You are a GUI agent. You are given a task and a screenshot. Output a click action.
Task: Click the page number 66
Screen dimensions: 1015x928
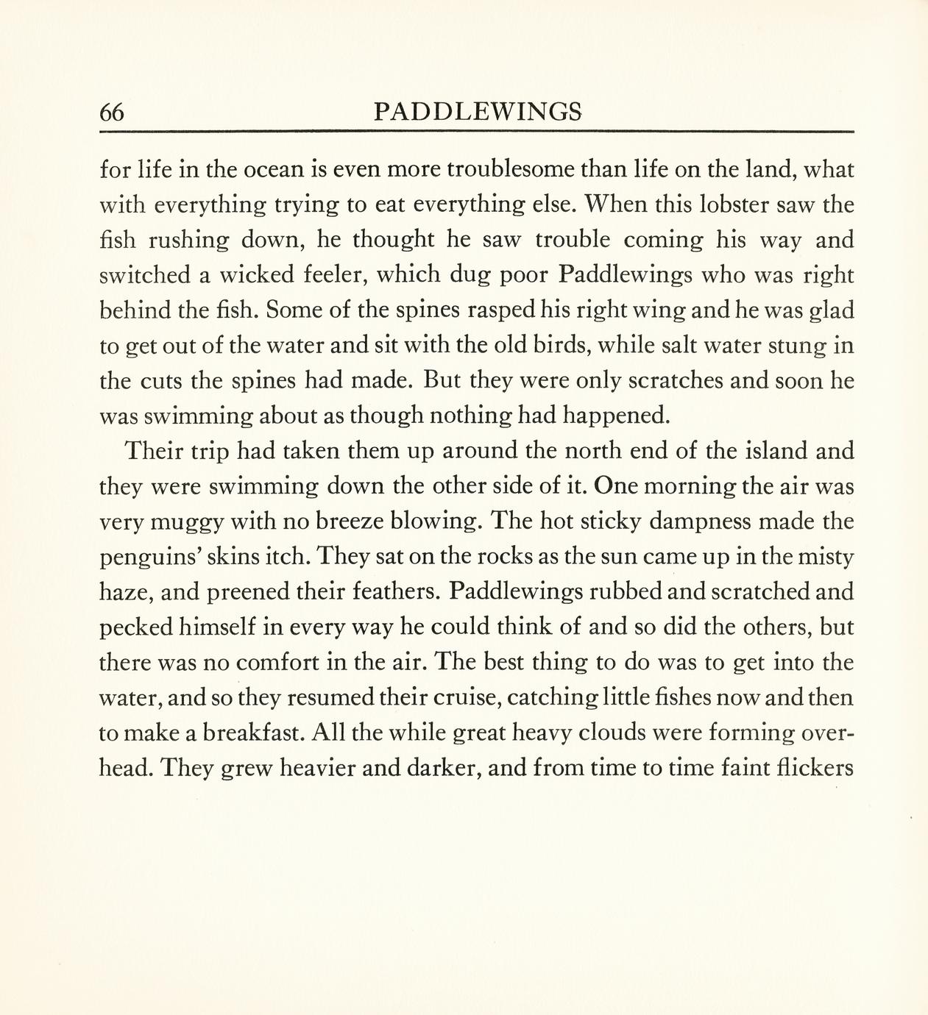pyautogui.click(x=112, y=113)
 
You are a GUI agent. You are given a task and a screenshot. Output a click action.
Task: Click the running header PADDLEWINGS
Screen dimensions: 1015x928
pyautogui.click(x=478, y=112)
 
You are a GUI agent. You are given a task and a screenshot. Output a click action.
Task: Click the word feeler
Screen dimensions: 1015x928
pyautogui.click(x=335, y=275)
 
